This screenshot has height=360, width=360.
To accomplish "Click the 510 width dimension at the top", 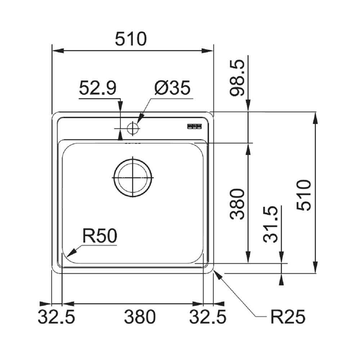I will [x=131, y=39].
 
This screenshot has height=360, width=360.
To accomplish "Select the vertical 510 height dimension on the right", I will [x=303, y=195].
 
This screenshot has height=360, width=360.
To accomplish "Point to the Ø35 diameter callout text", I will [x=172, y=88].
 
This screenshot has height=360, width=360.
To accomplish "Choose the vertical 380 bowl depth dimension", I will [x=238, y=203].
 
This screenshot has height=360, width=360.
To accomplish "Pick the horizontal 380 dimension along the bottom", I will [x=140, y=317].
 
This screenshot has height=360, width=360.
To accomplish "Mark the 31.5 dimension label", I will [x=271, y=224].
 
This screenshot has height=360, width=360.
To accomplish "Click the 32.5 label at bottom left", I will [x=57, y=317].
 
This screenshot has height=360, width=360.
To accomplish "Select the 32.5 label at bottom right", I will [x=208, y=317].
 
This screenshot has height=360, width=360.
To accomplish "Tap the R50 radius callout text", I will [x=99, y=236].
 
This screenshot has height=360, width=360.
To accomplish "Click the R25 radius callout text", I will [x=288, y=317].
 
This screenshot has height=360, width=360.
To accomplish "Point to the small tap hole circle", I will [x=133, y=128].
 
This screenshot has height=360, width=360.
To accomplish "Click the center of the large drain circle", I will [x=133, y=178].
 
